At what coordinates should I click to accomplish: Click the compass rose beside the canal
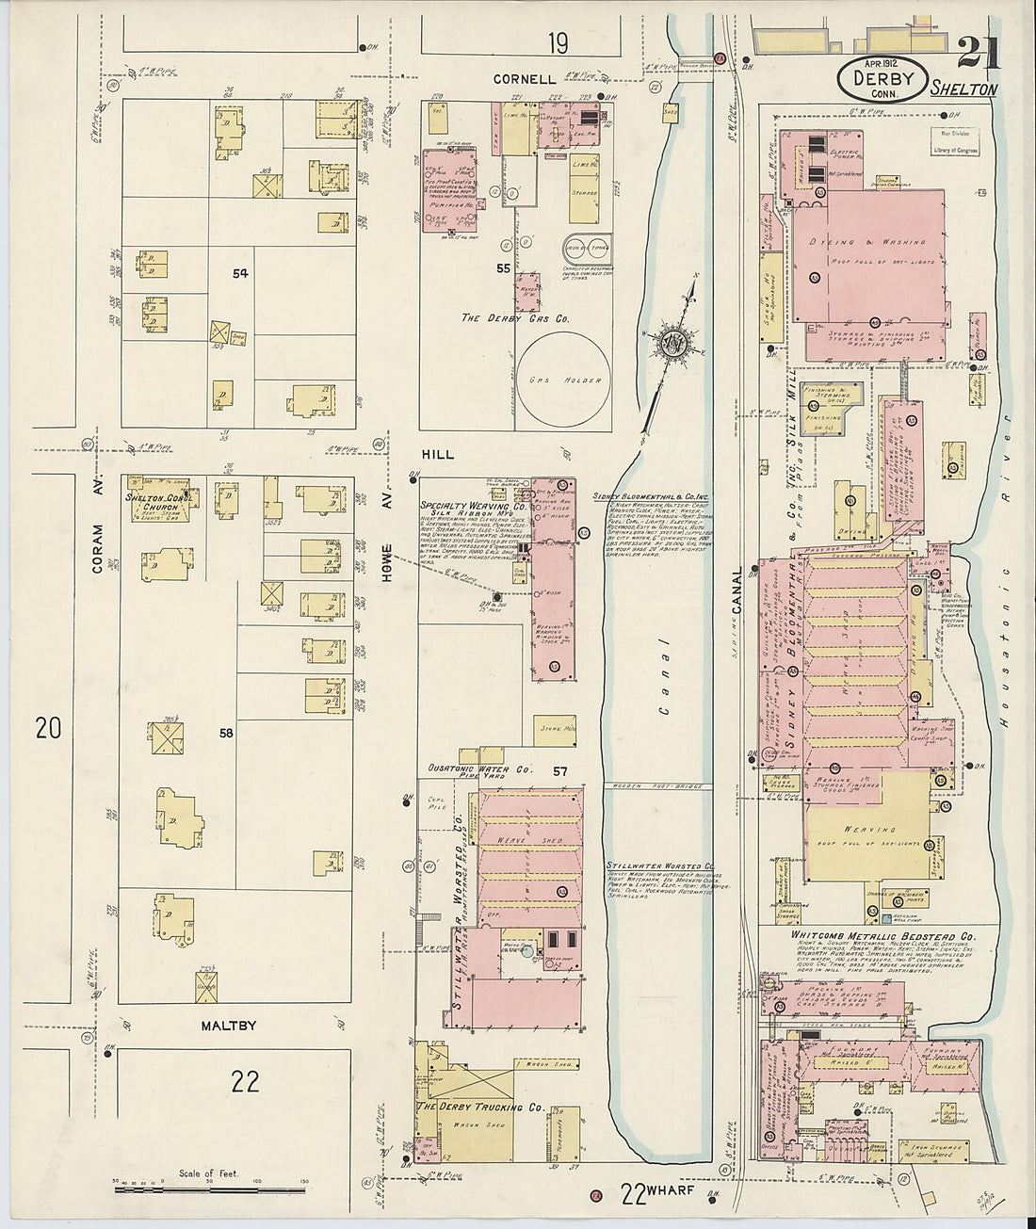(672, 342)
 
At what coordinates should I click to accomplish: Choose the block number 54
(241, 273)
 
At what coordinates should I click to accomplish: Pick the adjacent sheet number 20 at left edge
(47, 727)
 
